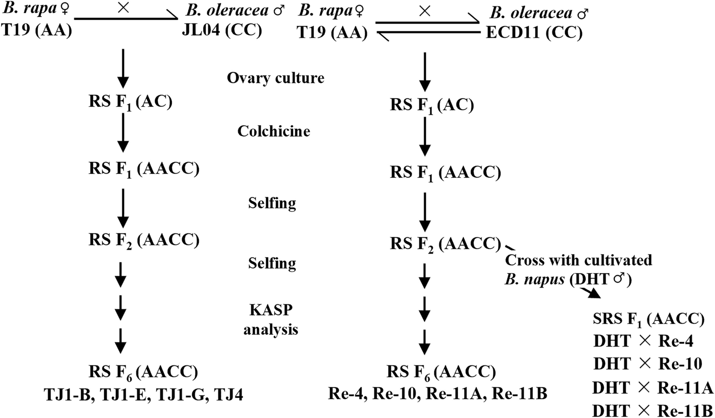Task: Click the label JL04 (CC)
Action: pos(222,30)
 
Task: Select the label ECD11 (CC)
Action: pos(534,32)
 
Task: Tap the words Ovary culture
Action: pos(275,78)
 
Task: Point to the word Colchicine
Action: pos(273,131)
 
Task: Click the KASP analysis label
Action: pos(271,319)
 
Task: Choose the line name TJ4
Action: pos(228,394)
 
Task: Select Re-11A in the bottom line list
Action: pos(455,393)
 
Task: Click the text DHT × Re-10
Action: pos(648,364)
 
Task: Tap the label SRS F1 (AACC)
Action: pos(648,319)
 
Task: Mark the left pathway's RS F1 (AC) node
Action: pos(130,102)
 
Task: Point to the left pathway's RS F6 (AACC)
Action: pos(143,372)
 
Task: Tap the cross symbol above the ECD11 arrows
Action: pos(425,11)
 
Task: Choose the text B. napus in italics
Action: pos(534,279)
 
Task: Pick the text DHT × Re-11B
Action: pos(652,411)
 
